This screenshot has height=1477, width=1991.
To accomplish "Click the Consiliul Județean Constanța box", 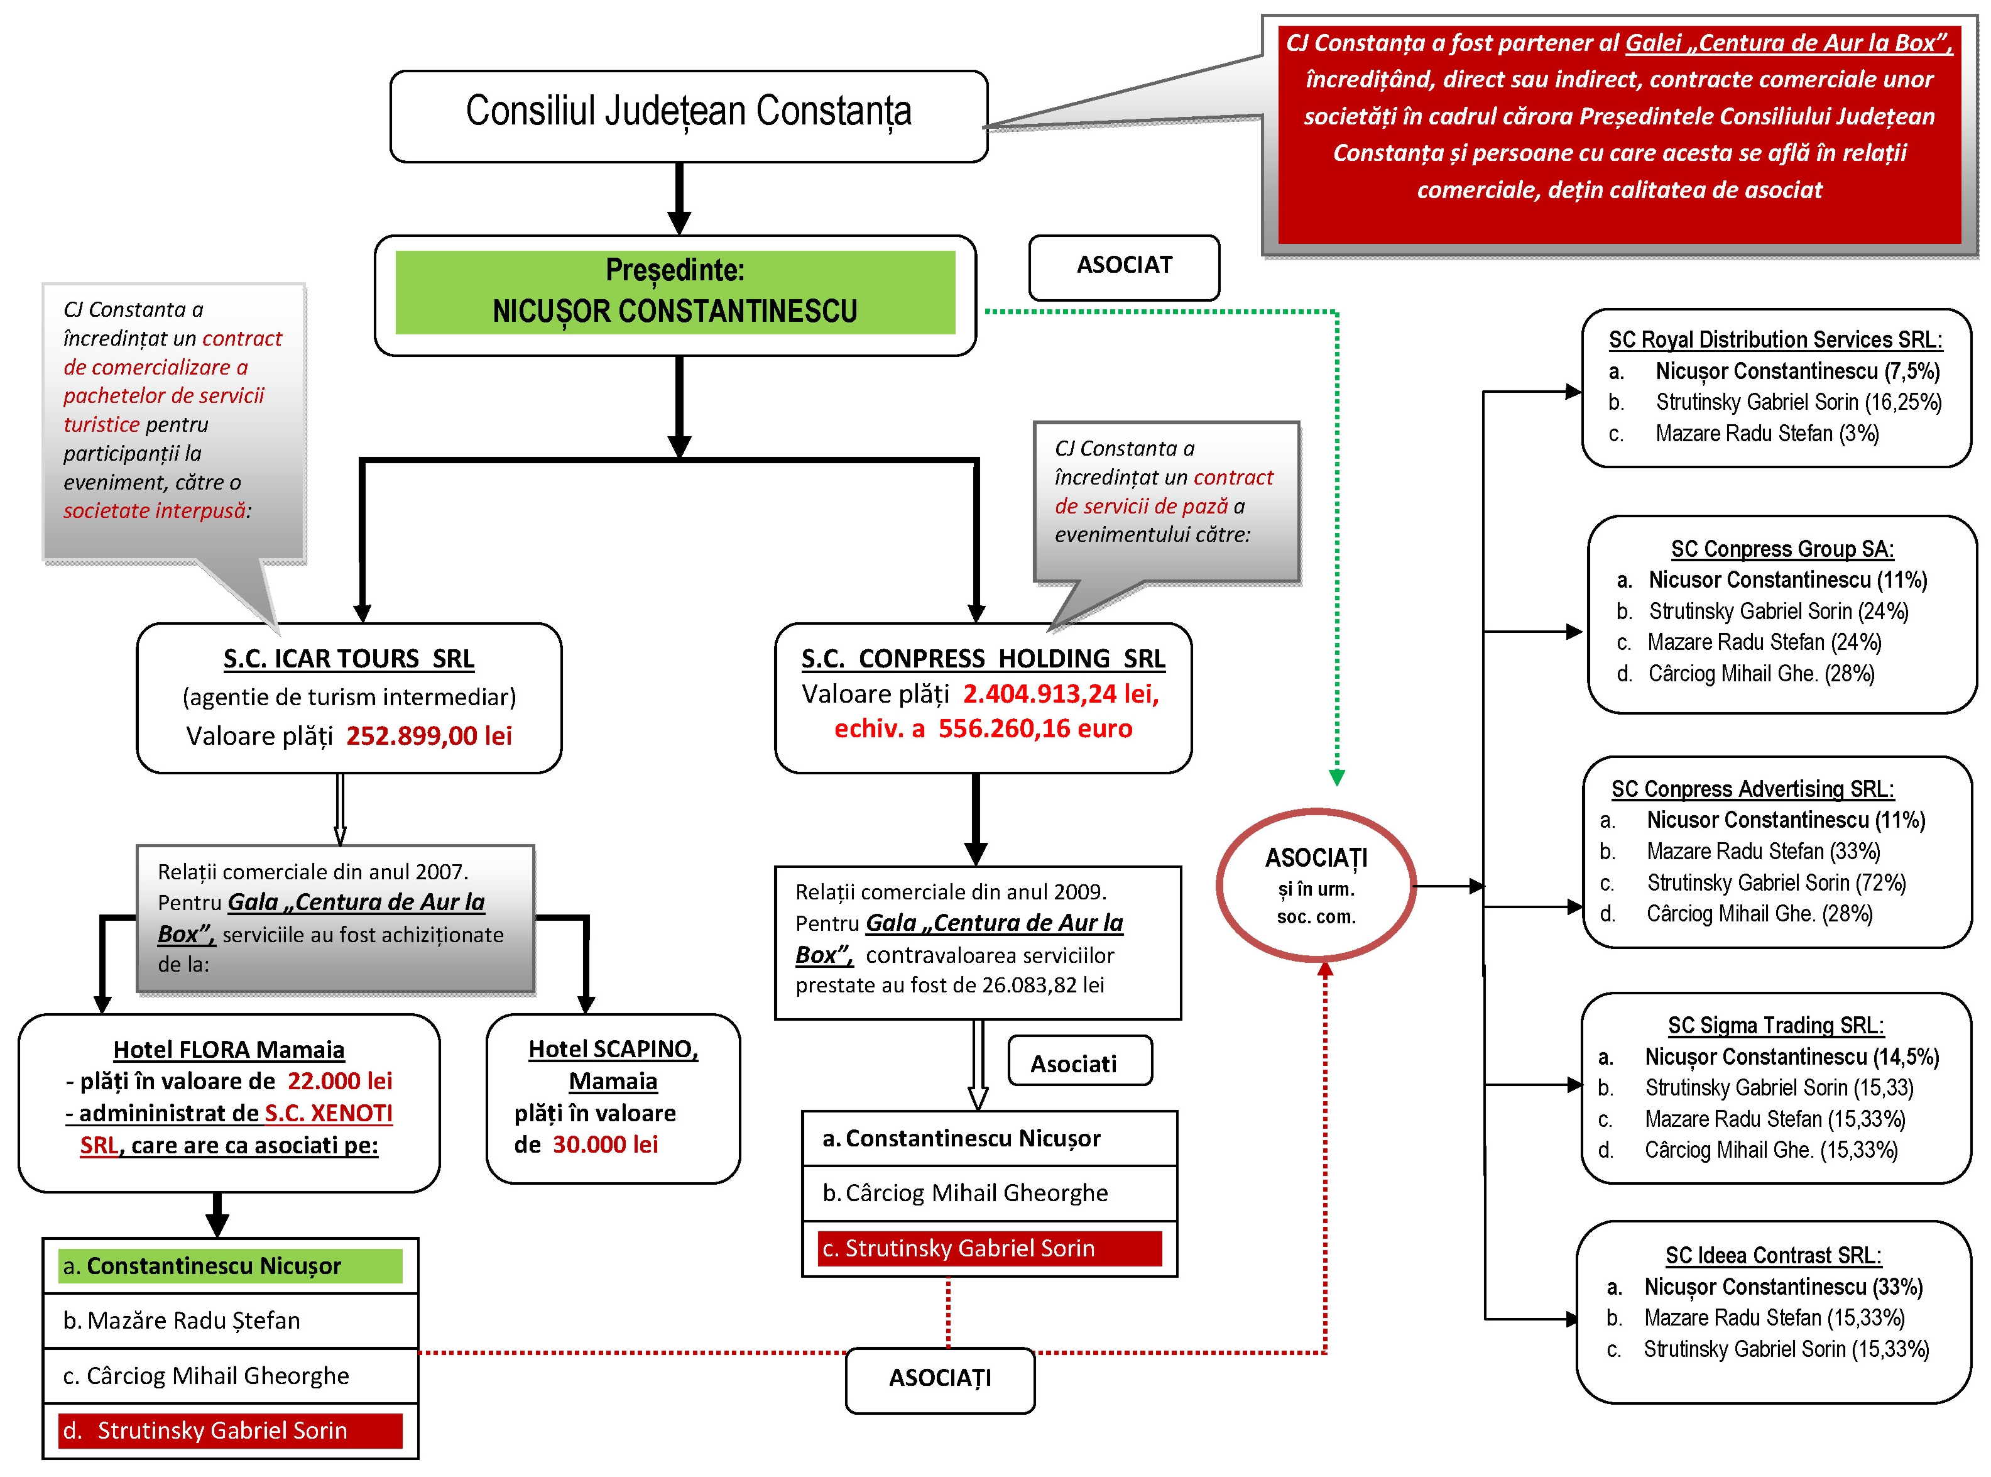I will tap(688, 116).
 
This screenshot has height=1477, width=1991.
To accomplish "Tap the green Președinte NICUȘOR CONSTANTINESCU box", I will tap(675, 292).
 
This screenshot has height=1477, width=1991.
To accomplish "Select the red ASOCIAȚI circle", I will tap(1316, 884).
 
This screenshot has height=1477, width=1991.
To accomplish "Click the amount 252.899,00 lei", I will tap(429, 736).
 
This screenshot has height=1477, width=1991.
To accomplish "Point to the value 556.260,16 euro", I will tap(1035, 728).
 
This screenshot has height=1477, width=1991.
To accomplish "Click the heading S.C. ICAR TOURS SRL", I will tap(349, 659).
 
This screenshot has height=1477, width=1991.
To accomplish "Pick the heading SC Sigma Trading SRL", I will tap(1776, 1026).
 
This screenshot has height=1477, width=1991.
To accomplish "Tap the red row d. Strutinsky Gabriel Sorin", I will tap(230, 1430).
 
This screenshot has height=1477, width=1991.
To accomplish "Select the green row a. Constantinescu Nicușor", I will tap(230, 1265).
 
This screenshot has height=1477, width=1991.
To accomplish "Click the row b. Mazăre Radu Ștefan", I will tap(230, 1321).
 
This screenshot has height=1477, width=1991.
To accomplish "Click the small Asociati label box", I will tap(1079, 1062).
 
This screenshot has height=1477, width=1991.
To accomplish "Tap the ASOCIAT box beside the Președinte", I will tap(1123, 265).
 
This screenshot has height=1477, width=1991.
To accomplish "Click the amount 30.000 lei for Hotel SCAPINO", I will tap(605, 1145).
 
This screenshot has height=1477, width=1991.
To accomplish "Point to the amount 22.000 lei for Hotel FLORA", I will tap(339, 1081).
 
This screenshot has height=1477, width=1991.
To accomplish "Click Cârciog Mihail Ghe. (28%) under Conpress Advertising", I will tap(1759, 914).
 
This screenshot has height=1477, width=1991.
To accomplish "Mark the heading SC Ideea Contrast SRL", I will tap(1773, 1255).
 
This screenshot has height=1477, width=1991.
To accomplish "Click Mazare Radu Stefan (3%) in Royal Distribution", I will tap(1767, 434).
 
